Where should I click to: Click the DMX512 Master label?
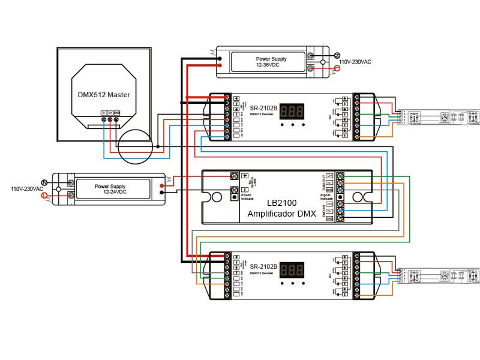point(104,95)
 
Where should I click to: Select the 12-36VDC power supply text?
point(271,62)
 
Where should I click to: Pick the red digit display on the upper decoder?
point(291,111)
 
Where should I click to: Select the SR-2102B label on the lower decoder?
point(263,266)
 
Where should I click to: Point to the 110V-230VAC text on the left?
point(27,189)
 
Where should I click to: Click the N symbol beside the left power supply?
point(44,182)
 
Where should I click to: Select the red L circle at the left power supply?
point(44,196)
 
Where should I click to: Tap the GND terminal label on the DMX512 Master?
point(116,112)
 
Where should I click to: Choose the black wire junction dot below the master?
point(157,147)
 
